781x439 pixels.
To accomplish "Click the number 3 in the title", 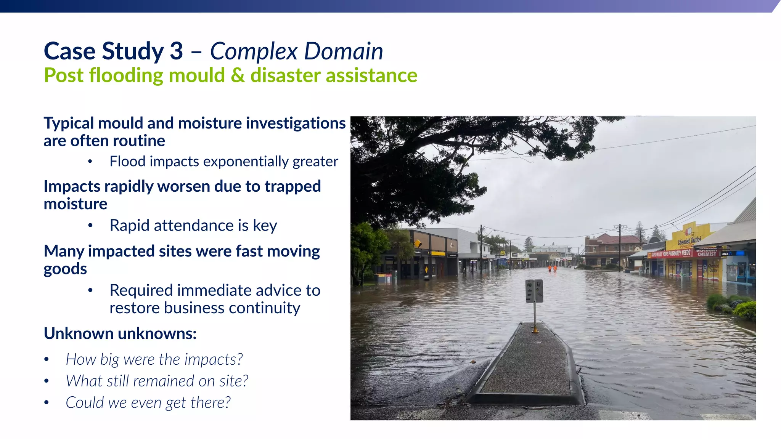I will [x=176, y=51].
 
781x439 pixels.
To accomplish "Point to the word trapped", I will [x=292, y=186].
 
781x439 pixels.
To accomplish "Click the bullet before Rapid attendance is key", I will [x=90, y=226].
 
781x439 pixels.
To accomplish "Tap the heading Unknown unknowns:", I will [x=120, y=333].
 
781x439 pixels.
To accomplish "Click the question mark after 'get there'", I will [x=227, y=402].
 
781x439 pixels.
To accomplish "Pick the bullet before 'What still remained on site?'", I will [x=47, y=381].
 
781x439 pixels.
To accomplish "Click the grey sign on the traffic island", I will [x=534, y=291].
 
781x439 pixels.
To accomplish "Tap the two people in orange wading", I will [x=553, y=268].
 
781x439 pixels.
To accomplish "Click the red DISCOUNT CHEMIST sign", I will [x=707, y=252].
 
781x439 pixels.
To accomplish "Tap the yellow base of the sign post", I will [x=535, y=330].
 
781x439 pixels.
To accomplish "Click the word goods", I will [x=65, y=269].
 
